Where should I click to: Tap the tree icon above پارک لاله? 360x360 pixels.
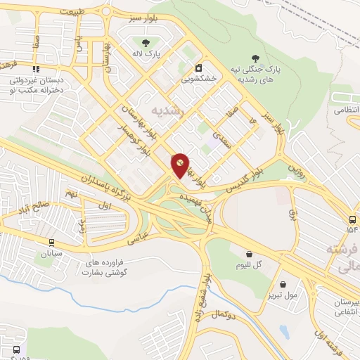(139, 44)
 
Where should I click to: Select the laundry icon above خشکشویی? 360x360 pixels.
(199, 68)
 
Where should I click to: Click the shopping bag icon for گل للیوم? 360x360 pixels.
(249, 255)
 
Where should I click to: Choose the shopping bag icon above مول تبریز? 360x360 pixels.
(283, 285)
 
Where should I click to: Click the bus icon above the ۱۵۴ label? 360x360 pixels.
(352, 219)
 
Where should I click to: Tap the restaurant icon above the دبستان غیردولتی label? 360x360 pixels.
(35, 70)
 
